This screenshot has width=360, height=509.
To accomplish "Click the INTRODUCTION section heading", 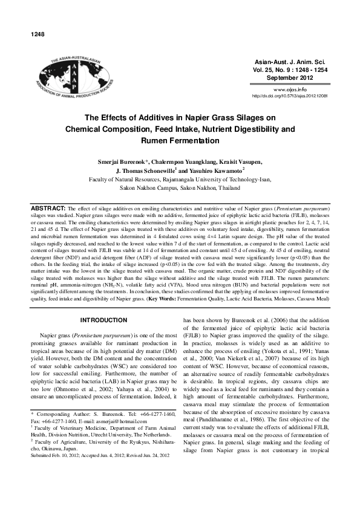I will [105, 302].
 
